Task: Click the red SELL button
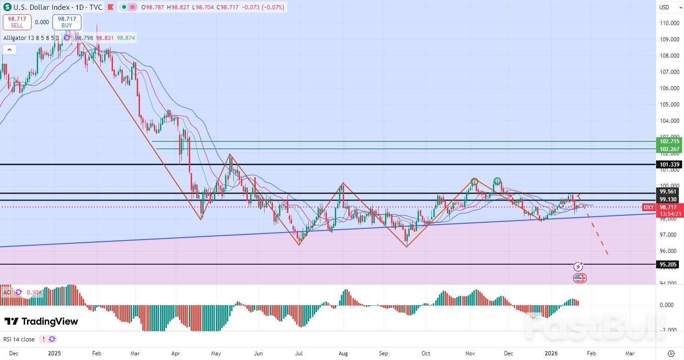click(x=17, y=22)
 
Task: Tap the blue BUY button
click(x=67, y=22)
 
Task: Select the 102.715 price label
click(x=669, y=141)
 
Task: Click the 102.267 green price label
click(x=669, y=149)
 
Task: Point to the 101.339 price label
click(x=669, y=165)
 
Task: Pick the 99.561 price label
click(x=669, y=192)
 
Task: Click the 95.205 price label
click(x=669, y=265)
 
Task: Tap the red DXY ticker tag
click(x=649, y=207)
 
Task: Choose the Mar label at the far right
click(x=630, y=353)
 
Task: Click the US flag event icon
click(x=579, y=278)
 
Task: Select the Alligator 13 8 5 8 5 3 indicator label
click(x=31, y=38)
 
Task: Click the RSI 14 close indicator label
click(x=19, y=339)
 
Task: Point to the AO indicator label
click(x=7, y=293)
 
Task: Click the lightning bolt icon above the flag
click(x=578, y=267)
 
